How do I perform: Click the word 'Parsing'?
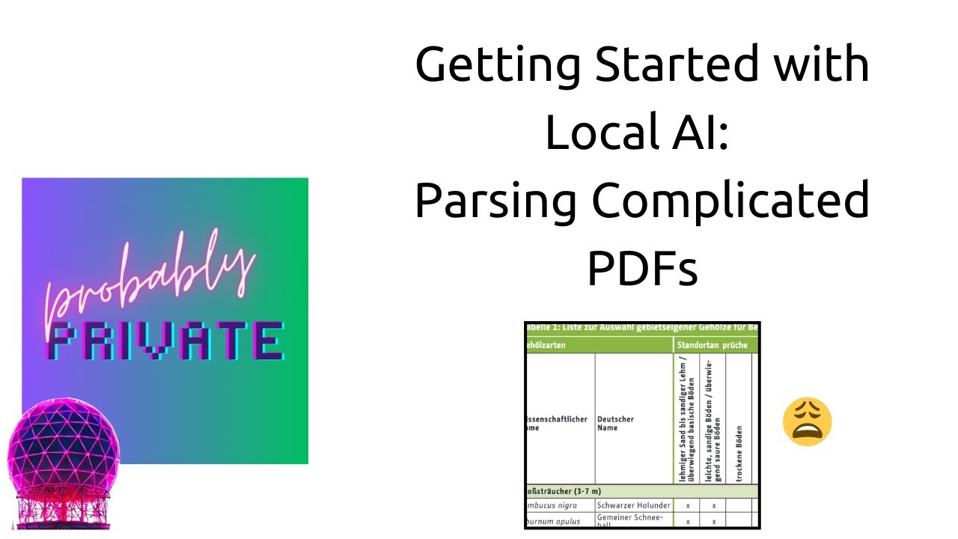coord(495,201)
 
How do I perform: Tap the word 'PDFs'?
coord(642,268)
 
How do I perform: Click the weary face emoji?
coord(807,422)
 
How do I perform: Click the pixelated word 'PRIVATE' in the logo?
coord(165,341)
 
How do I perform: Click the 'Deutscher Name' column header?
coord(615,423)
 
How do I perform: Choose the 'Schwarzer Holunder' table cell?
coord(633,505)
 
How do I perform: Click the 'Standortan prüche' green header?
coord(713,345)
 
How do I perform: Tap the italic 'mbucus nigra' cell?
coord(550,505)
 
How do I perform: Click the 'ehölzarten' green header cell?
coord(546,345)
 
